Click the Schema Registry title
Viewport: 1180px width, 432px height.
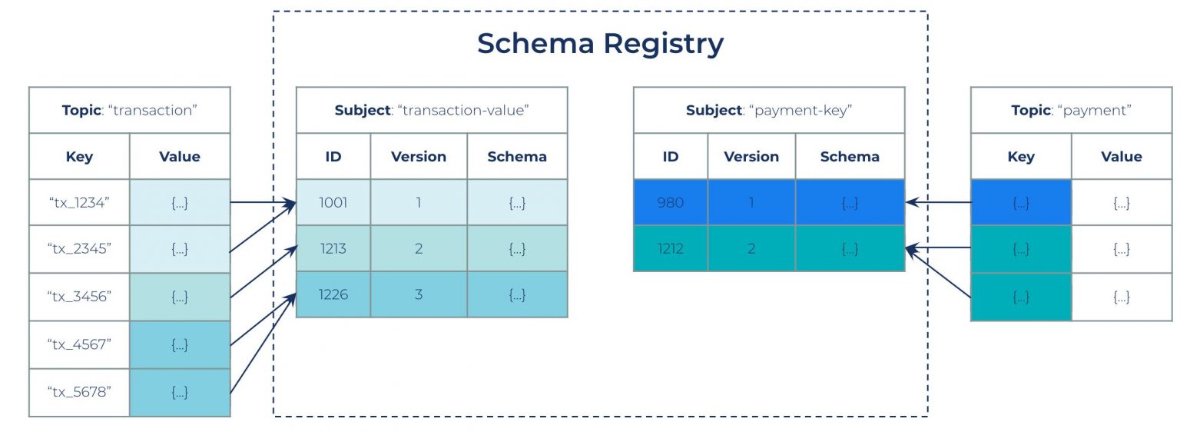click(600, 43)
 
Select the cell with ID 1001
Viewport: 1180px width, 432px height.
click(333, 203)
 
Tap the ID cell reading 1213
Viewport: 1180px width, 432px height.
click(333, 249)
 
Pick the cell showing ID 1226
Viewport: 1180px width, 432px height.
click(333, 294)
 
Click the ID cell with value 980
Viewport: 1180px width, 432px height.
click(670, 203)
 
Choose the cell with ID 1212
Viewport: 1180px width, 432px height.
click(670, 248)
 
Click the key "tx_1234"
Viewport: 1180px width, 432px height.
click(79, 203)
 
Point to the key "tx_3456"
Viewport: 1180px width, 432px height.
click(79, 297)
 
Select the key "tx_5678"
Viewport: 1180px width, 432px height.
click(79, 392)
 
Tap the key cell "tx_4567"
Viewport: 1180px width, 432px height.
click(79, 344)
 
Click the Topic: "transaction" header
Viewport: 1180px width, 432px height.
click(130, 110)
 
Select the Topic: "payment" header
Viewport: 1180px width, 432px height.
click(1071, 110)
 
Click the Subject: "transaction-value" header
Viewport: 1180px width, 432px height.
click(432, 110)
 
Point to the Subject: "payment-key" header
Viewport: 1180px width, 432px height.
click(768, 110)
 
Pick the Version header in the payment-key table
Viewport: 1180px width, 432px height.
click(751, 157)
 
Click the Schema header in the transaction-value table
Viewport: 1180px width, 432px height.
click(517, 157)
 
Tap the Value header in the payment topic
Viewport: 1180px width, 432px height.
click(1121, 157)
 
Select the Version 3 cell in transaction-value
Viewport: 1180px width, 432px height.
click(419, 294)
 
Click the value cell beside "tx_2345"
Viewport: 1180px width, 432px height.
click(180, 249)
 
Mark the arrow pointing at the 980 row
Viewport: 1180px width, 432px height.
click(938, 203)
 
